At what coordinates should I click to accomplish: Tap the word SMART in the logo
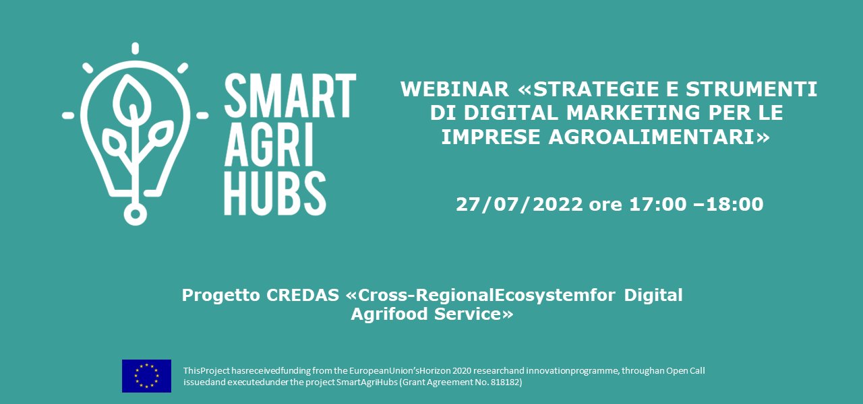click(x=290, y=94)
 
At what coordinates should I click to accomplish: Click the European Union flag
click(x=146, y=376)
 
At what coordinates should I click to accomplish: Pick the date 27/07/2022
click(x=519, y=205)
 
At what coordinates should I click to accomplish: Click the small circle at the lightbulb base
click(x=135, y=214)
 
